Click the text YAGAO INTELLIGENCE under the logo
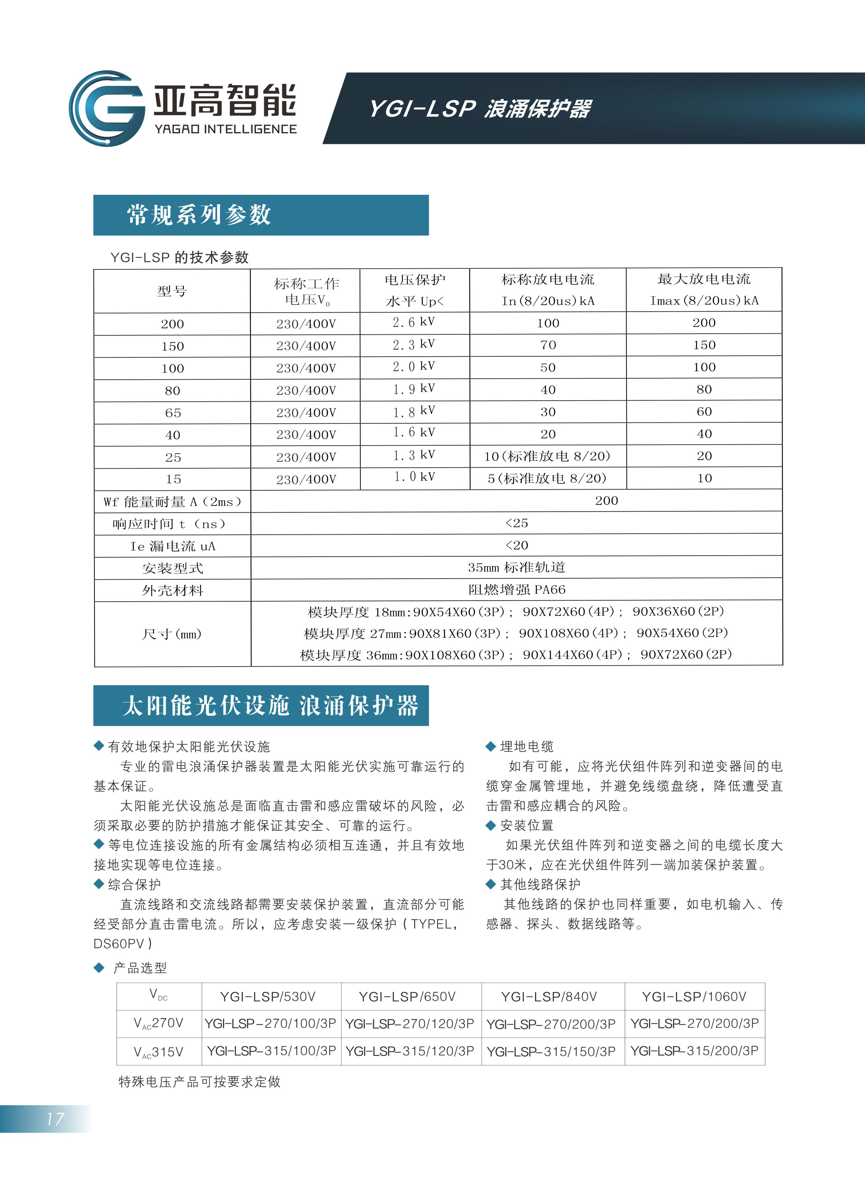pyautogui.click(x=225, y=129)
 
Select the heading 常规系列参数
pyautogui.click(x=199, y=215)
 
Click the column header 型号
pyautogui.click(x=172, y=291)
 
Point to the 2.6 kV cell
pyautogui.click(x=414, y=322)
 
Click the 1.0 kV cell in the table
pyautogui.click(x=414, y=477)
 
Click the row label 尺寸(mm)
pyautogui.click(x=172, y=634)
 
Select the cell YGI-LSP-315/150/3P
pyautogui.click(x=551, y=1051)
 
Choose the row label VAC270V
pyautogui.click(x=159, y=1023)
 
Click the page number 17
pyautogui.click(x=55, y=1119)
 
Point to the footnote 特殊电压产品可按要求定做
pyautogui.click(x=199, y=1082)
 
